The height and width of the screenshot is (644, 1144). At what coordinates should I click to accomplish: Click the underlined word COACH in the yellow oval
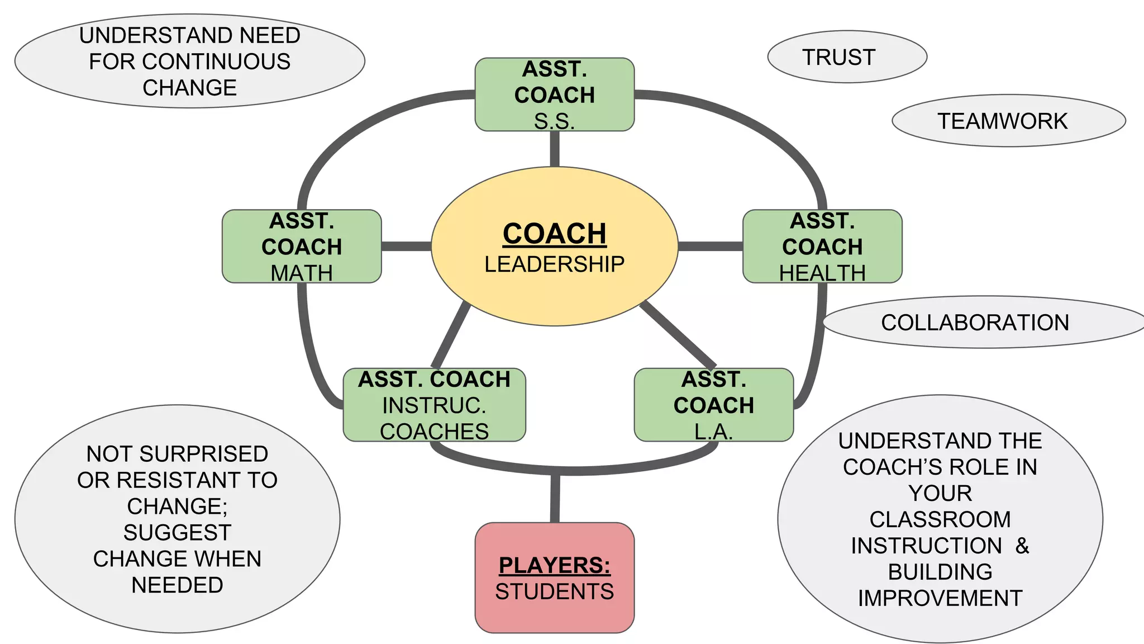point(554,234)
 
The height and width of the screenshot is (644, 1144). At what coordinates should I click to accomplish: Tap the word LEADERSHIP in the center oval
point(554,264)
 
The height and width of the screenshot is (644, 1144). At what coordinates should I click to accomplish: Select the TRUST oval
point(847,57)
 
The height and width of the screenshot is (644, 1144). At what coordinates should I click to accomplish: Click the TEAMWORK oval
point(1008,121)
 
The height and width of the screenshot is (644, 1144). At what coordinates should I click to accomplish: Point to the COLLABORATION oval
point(983,323)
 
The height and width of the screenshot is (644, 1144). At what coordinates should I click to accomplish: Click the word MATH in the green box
point(302,273)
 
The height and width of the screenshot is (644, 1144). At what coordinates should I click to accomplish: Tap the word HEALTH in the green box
point(822,273)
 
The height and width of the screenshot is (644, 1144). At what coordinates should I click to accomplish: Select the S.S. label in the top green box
point(554,121)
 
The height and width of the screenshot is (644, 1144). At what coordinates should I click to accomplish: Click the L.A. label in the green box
point(713,431)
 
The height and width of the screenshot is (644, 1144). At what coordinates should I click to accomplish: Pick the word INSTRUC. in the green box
point(434,405)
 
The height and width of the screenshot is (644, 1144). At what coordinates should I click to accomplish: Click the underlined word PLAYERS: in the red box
point(554,565)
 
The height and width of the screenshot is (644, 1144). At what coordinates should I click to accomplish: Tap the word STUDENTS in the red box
point(554,591)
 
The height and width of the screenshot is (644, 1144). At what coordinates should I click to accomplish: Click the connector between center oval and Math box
point(406,246)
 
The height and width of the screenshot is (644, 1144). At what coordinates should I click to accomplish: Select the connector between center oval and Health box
point(710,246)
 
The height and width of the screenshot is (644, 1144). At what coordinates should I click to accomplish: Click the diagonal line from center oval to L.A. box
point(678,334)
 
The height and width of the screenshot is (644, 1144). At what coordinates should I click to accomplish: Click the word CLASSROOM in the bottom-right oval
point(940,519)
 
